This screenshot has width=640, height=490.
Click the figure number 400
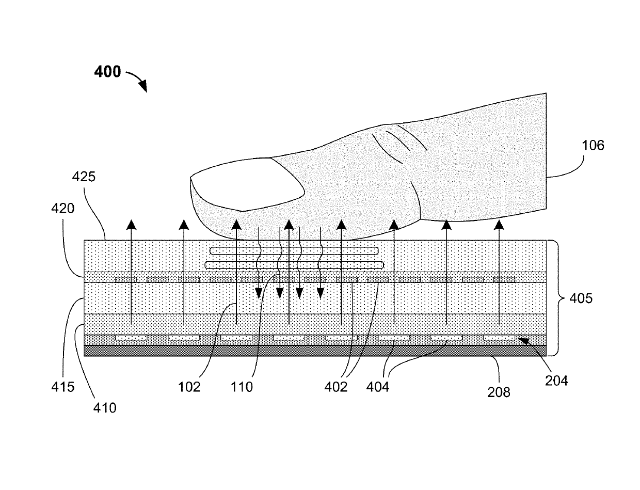107,72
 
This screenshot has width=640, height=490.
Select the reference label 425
84,177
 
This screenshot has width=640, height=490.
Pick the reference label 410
105,407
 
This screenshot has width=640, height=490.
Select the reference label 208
499,392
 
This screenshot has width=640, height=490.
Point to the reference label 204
557,381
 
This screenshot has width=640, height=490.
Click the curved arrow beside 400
136,80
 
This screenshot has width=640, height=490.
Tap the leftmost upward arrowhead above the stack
132,223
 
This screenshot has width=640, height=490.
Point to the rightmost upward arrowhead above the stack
499,223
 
